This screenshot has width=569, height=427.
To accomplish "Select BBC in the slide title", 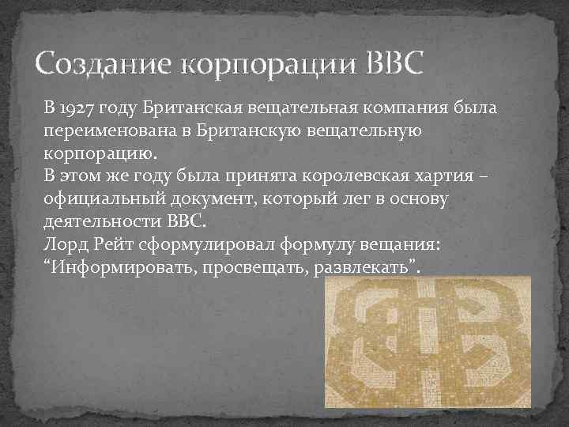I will tap(396, 61).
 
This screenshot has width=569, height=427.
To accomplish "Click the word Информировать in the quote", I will tap(123, 266).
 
